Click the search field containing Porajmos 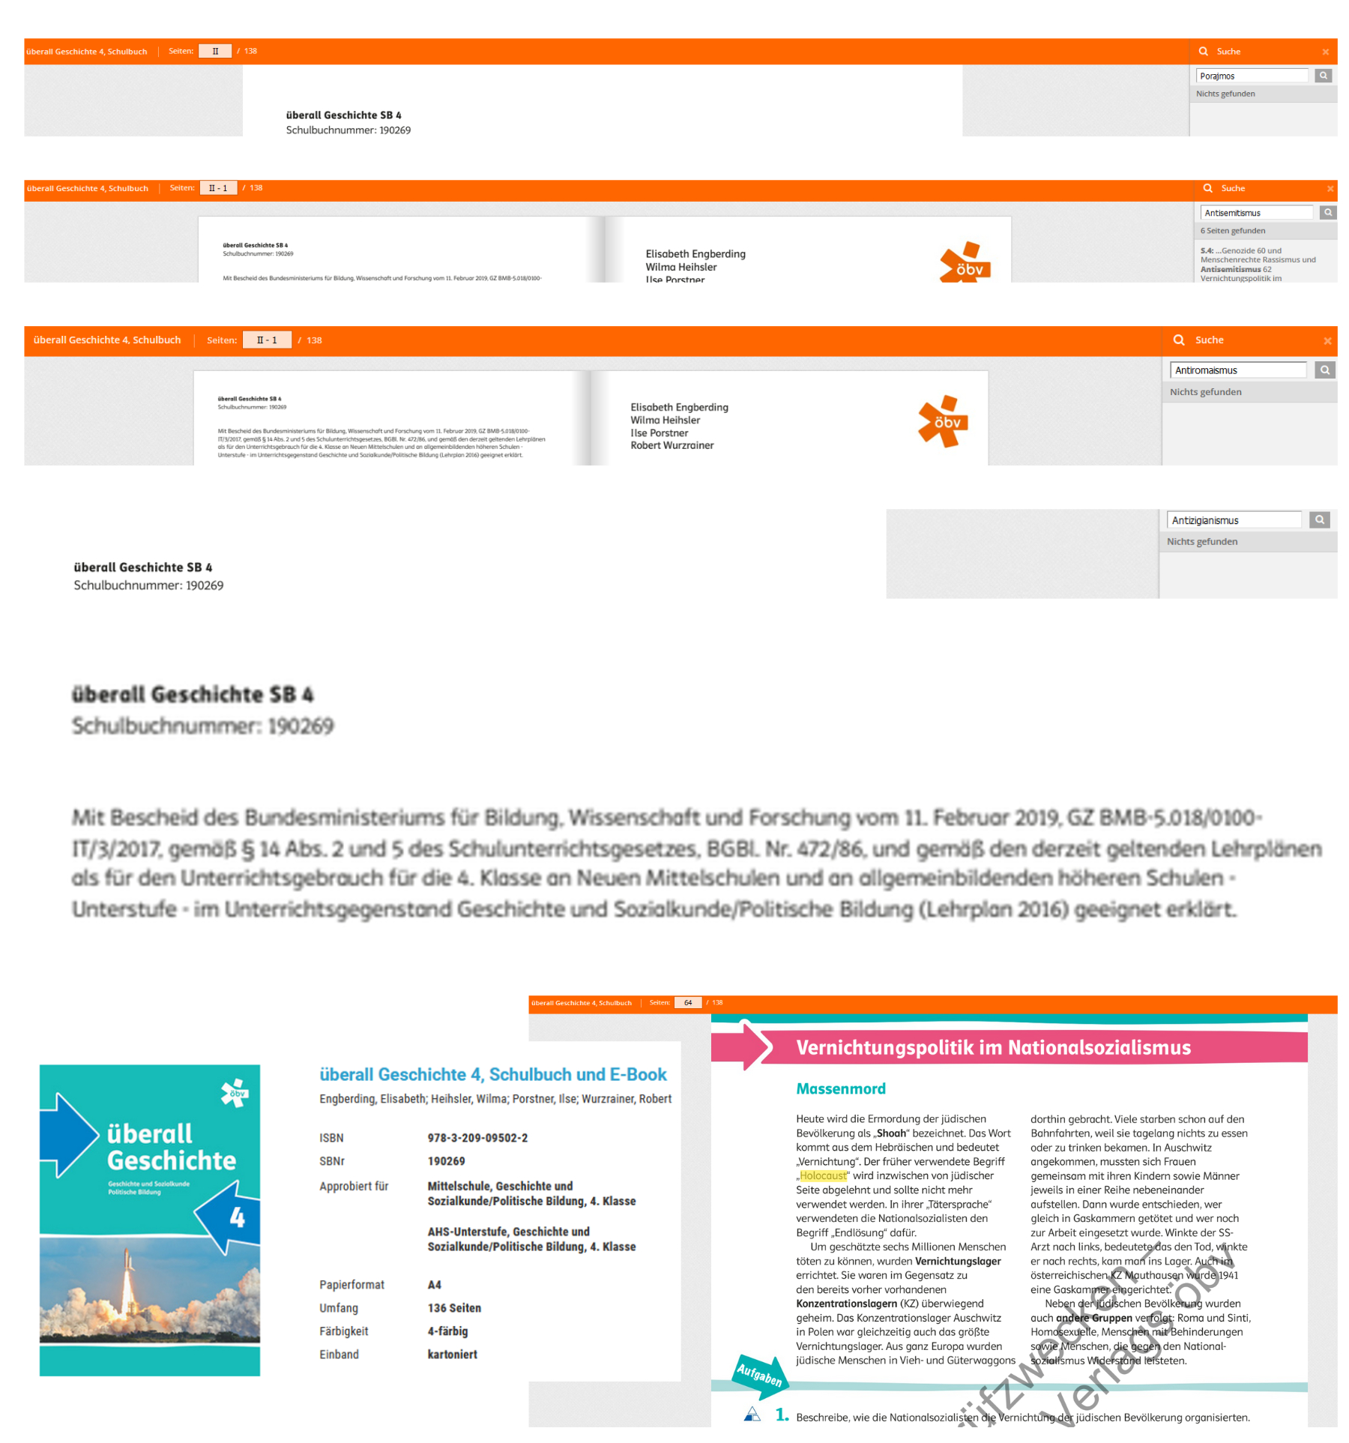(x=1252, y=76)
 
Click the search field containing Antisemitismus (x=1256, y=213)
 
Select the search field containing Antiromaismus (x=1237, y=370)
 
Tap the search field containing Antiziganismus (x=1234, y=520)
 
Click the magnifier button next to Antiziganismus (x=1319, y=519)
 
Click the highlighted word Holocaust (x=823, y=1175)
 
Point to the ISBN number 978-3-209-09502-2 (x=477, y=1138)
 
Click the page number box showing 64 (x=688, y=1003)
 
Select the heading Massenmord (x=840, y=1088)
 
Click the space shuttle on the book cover (x=127, y=1289)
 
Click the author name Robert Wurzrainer (x=672, y=445)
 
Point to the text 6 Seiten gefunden (x=1233, y=231)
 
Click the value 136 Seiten (x=454, y=1308)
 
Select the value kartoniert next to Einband (x=452, y=1355)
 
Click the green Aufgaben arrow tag (x=758, y=1375)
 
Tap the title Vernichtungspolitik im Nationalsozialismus (x=993, y=1047)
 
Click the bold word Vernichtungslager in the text (x=958, y=1261)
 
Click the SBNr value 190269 (x=446, y=1161)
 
